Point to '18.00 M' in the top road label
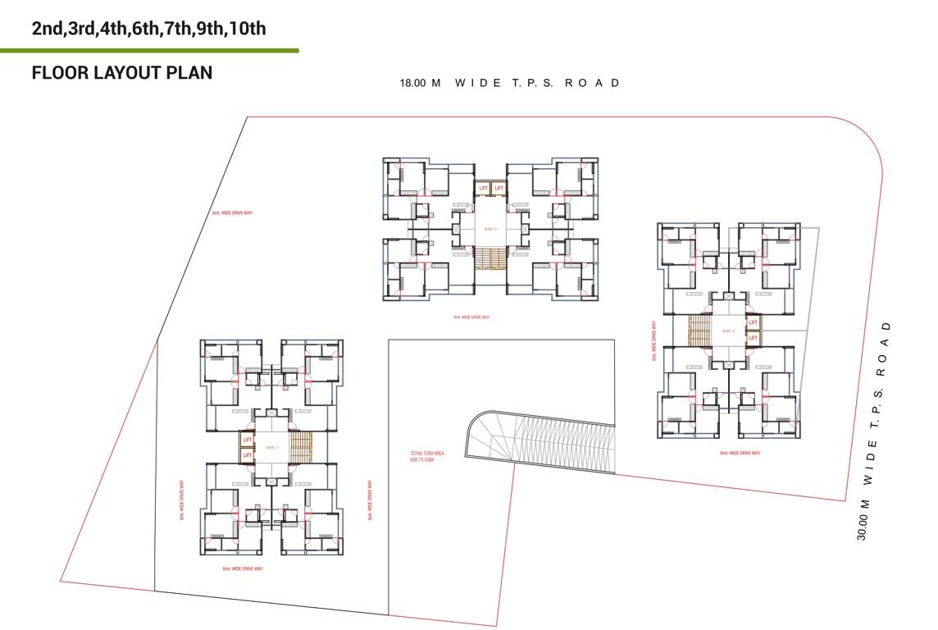pos(420,83)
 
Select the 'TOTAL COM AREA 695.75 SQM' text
pos(427,456)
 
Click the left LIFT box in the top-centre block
pos(483,189)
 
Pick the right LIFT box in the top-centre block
pos(498,189)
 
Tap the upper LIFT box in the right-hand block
pos(753,322)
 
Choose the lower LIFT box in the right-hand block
pos(753,337)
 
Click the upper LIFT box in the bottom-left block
pos(247,441)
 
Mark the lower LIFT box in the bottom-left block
pos(247,455)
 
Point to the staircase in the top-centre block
pos(490,259)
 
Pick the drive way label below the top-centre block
pos(471,317)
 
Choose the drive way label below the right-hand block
pos(740,453)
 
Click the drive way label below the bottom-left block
pos(243,568)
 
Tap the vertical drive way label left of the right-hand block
pos(654,340)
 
